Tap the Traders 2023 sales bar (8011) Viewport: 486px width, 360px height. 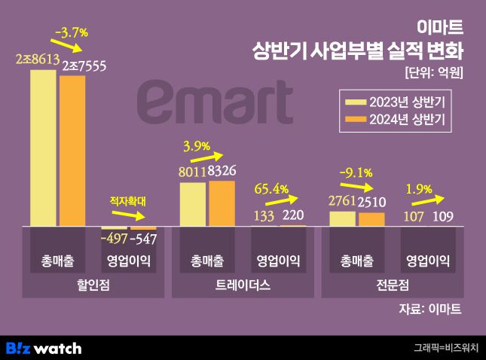[x=193, y=204]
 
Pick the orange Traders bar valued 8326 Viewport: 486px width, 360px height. [x=222, y=203]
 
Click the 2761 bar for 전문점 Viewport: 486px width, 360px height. [x=342, y=218]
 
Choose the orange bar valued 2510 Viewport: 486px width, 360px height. [x=371, y=219]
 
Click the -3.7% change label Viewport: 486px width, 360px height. [x=72, y=32]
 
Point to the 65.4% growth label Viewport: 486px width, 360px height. [x=272, y=189]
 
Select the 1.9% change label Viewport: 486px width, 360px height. [x=419, y=189]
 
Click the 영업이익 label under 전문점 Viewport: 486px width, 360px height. [x=427, y=261]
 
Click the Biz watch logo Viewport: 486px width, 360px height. [x=44, y=348]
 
